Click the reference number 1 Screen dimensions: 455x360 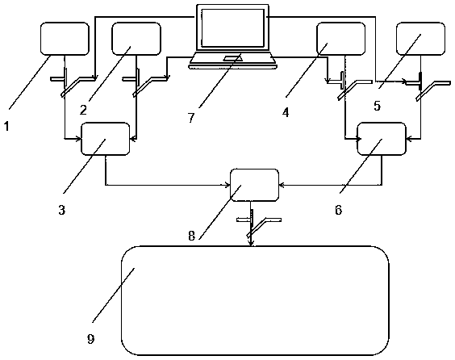coord(6,126)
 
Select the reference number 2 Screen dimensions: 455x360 coord(84,110)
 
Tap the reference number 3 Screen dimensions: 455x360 coord(62,210)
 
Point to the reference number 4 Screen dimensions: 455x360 coord(286,112)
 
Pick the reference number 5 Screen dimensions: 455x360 coord(377,106)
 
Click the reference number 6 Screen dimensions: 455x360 coord(339,210)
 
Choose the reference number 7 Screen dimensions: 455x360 coord(191,118)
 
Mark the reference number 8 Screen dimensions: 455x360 coord(191,236)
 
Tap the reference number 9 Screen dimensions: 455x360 coord(91,338)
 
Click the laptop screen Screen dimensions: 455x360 coord(232,28)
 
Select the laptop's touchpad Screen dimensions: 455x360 coord(232,58)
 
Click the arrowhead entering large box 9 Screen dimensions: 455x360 coord(251,243)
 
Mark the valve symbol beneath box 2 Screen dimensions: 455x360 coord(145,82)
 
